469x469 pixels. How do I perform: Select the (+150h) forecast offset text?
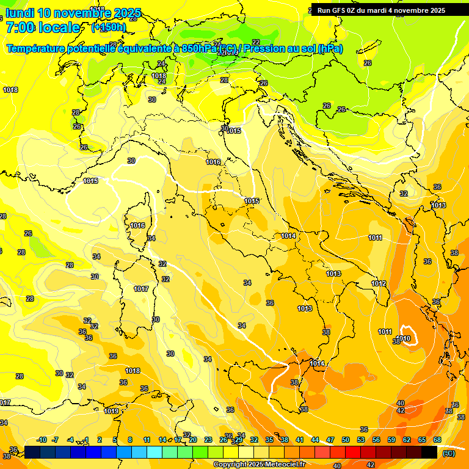click(x=108, y=27)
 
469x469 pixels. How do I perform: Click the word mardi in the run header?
click(x=384, y=10)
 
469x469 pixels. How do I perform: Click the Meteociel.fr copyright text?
click(x=259, y=464)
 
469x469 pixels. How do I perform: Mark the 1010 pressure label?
click(x=404, y=338)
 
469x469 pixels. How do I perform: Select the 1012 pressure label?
click(x=379, y=283)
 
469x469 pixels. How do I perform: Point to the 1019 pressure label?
click(x=111, y=411)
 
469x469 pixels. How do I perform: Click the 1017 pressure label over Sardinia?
click(x=141, y=289)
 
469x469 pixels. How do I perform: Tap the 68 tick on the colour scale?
click(x=437, y=440)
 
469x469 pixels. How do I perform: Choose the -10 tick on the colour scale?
click(x=42, y=440)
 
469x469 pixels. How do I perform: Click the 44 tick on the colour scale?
click(x=315, y=440)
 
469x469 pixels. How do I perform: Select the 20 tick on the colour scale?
click(x=193, y=440)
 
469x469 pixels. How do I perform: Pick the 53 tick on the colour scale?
click(x=361, y=440)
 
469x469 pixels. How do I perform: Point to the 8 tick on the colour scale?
click(x=130, y=440)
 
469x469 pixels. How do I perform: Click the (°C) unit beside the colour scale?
click(x=449, y=453)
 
